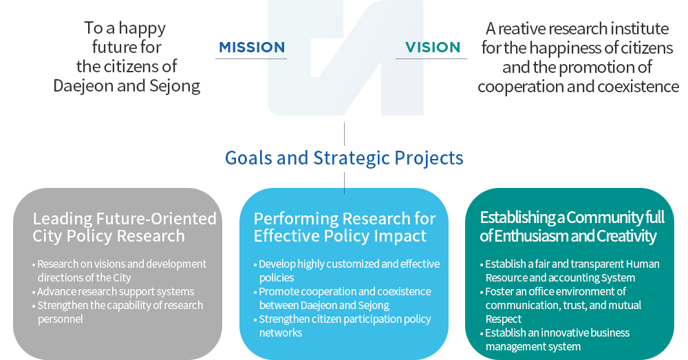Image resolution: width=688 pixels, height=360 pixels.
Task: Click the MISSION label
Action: coord(252,47)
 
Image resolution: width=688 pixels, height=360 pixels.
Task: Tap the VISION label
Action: coord(433,47)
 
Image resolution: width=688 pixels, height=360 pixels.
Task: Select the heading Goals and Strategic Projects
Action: coord(344,158)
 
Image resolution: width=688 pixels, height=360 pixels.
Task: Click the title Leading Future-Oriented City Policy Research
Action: coord(125,227)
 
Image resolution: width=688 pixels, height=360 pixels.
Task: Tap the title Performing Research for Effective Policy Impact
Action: coord(345,227)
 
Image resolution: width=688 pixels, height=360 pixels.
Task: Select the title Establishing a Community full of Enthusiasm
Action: coord(572,227)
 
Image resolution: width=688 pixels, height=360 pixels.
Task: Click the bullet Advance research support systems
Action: coord(114,292)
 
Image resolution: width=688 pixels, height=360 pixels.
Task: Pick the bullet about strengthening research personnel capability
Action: coord(118,312)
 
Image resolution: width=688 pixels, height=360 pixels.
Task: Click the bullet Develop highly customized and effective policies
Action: coord(347,271)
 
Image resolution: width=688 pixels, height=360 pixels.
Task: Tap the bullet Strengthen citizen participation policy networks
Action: coord(342,326)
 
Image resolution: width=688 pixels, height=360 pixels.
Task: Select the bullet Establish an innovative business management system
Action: coord(555,339)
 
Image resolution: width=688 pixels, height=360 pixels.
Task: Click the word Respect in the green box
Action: coord(504,319)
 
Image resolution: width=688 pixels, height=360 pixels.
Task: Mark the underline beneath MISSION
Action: coord(251,59)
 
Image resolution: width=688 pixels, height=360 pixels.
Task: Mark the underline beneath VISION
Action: coord(431,59)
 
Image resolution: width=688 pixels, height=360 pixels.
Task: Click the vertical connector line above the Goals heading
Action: coord(345,134)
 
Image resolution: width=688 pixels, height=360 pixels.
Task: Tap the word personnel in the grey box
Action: coord(60,319)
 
